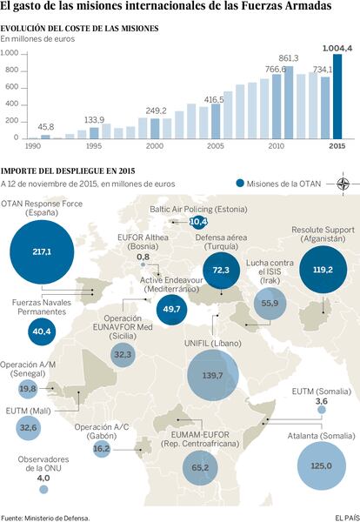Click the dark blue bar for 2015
point(337,97)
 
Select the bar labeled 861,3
point(289,103)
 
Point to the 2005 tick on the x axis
point(216,146)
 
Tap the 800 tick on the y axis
point(12,70)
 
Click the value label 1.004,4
point(337,48)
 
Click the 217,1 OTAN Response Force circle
point(42,252)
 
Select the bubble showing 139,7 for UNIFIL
point(213,375)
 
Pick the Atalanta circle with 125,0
point(322,465)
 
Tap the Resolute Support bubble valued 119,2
point(323,270)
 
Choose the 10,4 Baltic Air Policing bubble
point(198,222)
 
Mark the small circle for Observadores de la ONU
point(43,489)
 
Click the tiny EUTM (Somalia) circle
point(322,410)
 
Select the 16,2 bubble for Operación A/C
point(102,449)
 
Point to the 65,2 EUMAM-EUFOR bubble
point(200,468)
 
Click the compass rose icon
point(343,184)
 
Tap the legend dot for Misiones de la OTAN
point(240,184)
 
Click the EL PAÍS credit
point(346,518)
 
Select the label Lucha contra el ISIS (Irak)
point(270,271)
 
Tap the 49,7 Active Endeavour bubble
point(171,309)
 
